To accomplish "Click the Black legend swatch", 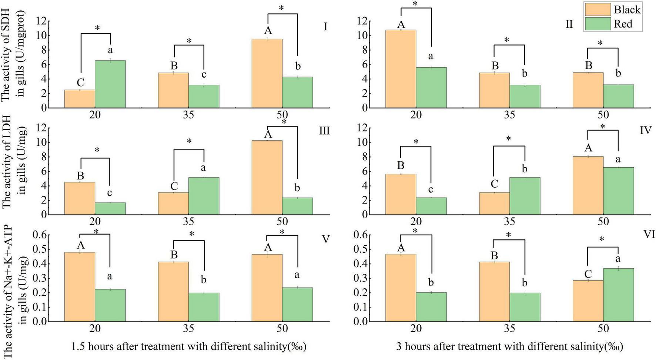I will (598, 9).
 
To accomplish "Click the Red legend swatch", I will (598, 24).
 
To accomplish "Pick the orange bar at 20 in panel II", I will (401, 69).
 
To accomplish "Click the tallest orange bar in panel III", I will (267, 177).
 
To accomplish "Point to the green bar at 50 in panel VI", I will (618, 295).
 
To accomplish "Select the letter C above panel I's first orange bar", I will (80, 82).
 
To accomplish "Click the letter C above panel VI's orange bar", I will (588, 274).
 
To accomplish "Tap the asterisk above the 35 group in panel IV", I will (508, 139).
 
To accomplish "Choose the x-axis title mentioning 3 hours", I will (509, 347).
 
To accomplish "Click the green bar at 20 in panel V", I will (110, 305).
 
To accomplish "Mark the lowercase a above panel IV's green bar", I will (618, 159).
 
